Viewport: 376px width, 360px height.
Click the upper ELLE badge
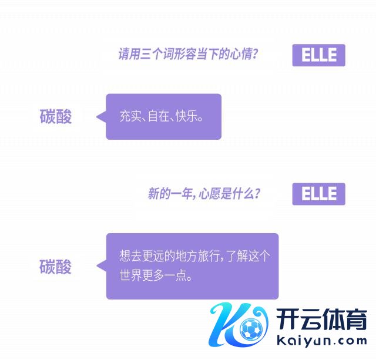(x=318, y=55)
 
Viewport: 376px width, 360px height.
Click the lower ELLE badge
(x=318, y=194)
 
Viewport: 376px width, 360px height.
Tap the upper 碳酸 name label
(x=56, y=116)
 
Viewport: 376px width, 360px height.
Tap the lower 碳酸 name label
(x=56, y=267)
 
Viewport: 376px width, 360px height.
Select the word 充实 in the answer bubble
(x=129, y=116)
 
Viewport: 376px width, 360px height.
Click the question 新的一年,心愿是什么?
(x=204, y=194)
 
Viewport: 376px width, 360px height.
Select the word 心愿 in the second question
(x=211, y=194)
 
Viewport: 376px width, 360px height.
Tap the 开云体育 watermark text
(x=320, y=321)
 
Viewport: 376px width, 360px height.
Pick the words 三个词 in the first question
(x=155, y=55)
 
